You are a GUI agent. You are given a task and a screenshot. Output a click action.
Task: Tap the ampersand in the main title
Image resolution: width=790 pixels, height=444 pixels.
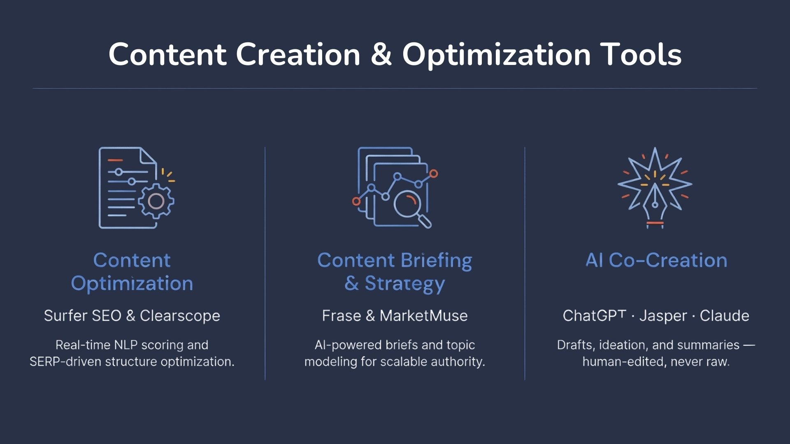(381, 55)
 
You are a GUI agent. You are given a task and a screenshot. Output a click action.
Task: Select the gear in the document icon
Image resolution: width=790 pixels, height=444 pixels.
(156, 201)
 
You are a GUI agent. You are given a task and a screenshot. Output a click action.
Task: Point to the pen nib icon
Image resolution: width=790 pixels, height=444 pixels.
(655, 201)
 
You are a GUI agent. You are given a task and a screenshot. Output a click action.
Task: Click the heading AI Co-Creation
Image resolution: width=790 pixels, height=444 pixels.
(656, 260)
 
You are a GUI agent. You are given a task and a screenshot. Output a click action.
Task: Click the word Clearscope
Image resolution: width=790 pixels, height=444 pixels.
(180, 316)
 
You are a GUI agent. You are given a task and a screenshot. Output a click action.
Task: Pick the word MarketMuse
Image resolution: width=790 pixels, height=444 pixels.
(423, 316)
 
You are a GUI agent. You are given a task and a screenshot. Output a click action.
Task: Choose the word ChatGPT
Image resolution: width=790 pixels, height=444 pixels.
(594, 316)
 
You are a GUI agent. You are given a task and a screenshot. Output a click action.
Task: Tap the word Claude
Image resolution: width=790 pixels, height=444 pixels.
(725, 316)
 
